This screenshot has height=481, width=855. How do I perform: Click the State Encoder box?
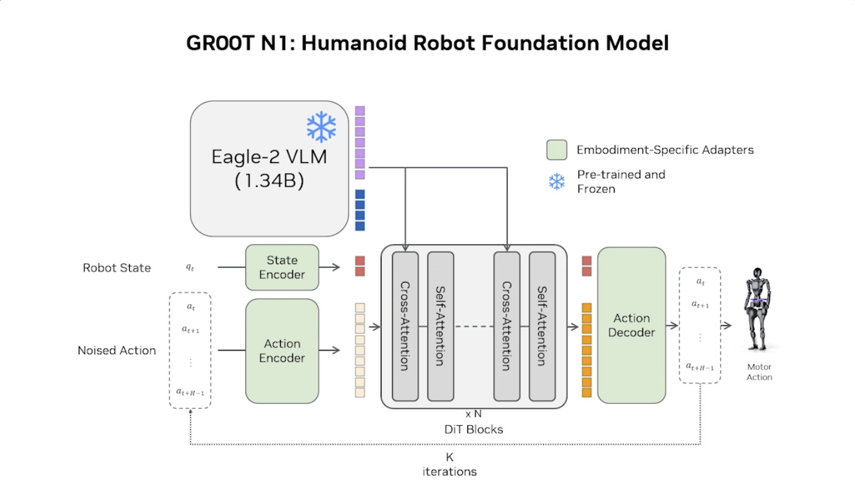(282, 267)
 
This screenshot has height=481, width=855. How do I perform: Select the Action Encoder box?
(282, 350)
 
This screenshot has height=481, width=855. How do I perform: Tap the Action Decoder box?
(631, 325)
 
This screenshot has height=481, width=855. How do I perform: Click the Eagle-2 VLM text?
(269, 156)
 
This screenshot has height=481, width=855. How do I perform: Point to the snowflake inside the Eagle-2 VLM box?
(321, 127)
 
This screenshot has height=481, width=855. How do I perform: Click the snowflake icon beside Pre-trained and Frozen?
(557, 181)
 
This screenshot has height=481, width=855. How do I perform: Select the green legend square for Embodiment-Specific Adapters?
(557, 150)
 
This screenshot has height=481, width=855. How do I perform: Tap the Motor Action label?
(759, 372)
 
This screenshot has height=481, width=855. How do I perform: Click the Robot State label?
(117, 268)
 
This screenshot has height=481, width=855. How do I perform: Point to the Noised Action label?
(117, 350)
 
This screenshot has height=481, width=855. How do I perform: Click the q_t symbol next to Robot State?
(190, 267)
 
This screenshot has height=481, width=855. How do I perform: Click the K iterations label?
(450, 464)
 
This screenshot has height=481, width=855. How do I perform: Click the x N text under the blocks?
(473, 413)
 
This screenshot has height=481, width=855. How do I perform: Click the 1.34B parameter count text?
(269, 181)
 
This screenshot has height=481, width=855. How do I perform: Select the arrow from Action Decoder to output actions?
(672, 325)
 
